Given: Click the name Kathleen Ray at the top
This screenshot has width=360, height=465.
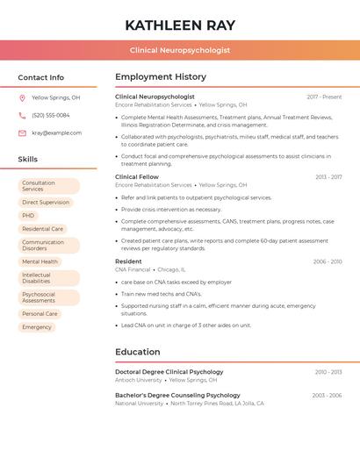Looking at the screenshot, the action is tap(180, 25).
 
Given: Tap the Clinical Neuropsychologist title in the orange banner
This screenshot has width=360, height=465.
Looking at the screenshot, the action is tap(180, 50).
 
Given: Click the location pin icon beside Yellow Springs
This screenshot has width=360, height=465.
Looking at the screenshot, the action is tap(22, 97).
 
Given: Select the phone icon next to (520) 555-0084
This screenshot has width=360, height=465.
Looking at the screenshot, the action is tap(22, 115).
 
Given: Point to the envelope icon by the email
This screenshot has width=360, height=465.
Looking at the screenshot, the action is tap(22, 133).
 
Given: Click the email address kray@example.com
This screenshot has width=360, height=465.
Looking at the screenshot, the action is tap(57, 133).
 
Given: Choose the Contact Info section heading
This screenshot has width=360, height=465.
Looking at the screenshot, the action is tap(41, 77).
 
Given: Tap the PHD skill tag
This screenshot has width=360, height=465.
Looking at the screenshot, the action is tap(28, 216).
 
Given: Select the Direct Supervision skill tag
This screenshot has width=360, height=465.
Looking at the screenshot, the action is tap(46, 203).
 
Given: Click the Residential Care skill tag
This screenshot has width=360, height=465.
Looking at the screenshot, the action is tap(42, 229).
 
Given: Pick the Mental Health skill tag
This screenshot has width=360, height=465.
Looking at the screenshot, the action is tap(40, 261).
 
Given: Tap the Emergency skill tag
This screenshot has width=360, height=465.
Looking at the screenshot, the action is tap(37, 327).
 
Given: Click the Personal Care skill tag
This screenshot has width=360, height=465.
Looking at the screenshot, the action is tap(40, 314).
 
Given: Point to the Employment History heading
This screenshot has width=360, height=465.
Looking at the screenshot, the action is tap(161, 77).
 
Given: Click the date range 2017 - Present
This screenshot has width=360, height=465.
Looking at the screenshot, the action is tap(324, 97).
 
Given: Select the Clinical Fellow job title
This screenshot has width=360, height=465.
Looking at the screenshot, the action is tap(137, 177).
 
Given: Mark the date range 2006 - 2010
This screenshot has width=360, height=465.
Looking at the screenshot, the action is tap(328, 261).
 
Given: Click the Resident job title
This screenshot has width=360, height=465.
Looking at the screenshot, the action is tap(128, 261).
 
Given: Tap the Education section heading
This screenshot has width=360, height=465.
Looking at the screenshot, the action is tap(138, 352).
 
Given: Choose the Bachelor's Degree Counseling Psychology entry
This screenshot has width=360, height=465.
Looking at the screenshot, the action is tap(177, 396).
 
